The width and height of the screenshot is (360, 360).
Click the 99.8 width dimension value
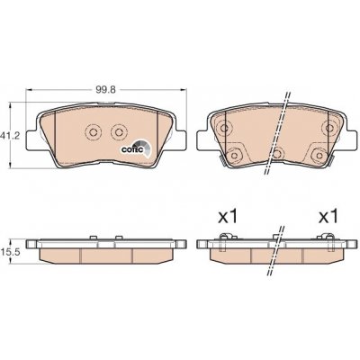(x=105, y=90)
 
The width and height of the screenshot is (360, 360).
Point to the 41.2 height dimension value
(x=9, y=137)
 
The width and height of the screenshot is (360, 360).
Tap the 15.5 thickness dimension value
(x=10, y=252)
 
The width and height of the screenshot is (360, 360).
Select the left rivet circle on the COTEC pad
(x=93, y=131)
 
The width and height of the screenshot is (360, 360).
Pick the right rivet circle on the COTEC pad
(x=119, y=131)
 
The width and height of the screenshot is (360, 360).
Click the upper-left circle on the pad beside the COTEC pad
(x=223, y=129)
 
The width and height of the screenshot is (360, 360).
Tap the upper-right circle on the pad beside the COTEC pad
(x=329, y=129)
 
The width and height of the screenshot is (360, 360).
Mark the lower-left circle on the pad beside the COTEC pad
(x=234, y=155)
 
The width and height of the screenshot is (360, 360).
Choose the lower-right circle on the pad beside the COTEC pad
(x=319, y=155)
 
